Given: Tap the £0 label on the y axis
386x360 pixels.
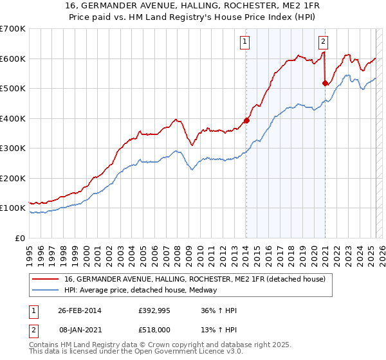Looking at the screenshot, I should click(19, 238).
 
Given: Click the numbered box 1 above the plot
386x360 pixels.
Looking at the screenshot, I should click(246, 42).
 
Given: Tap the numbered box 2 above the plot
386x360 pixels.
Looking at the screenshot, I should click(323, 42).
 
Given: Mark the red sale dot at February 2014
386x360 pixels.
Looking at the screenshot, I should click(246, 120).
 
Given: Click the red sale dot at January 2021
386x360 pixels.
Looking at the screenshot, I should click(325, 83).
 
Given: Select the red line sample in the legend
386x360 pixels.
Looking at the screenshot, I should click(46, 280).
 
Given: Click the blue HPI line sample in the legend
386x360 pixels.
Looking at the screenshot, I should click(46, 290).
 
